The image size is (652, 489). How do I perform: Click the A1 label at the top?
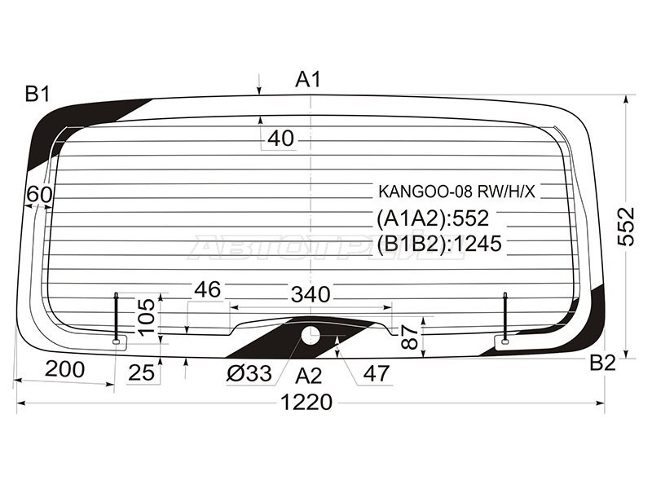pyautogui.click(x=308, y=79)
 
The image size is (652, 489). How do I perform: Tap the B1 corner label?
pyautogui.click(x=37, y=94)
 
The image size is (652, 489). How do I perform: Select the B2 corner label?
pyautogui.click(x=602, y=363)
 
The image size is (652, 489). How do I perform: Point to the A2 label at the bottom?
pyautogui.click(x=309, y=376)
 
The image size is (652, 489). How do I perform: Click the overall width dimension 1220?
pyautogui.click(x=307, y=402)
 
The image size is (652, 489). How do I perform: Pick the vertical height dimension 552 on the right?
pyautogui.click(x=626, y=227)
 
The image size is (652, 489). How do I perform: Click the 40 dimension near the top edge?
pyautogui.click(x=280, y=138)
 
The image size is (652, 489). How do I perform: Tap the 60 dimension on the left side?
pyautogui.click(x=39, y=194)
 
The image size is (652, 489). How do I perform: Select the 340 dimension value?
pyautogui.click(x=311, y=294)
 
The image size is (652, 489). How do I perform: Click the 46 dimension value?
pyautogui.click(x=208, y=289)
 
